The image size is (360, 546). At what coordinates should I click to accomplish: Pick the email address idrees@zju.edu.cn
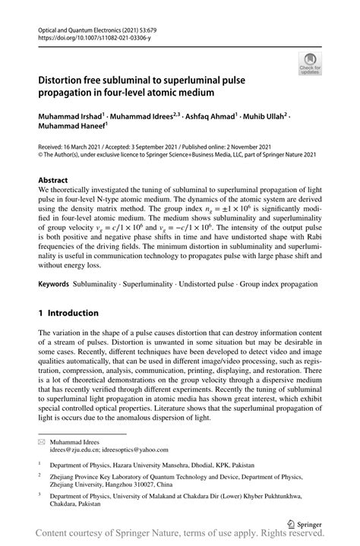[74, 450]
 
